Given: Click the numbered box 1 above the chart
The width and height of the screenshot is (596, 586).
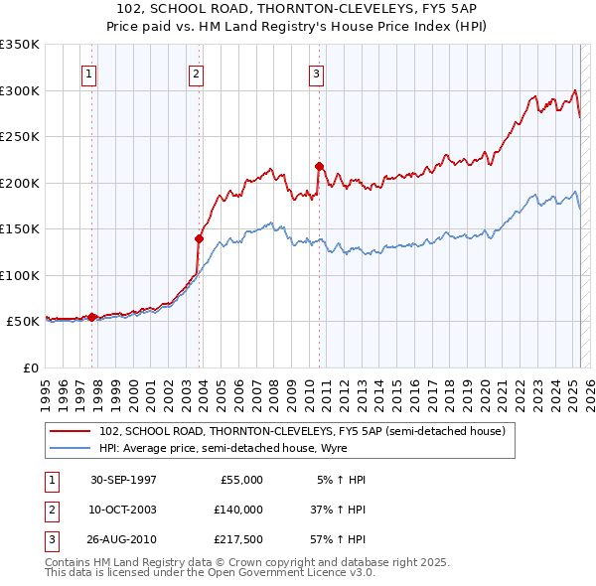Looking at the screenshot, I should [89, 73].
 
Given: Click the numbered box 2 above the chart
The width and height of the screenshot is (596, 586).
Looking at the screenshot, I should [197, 73].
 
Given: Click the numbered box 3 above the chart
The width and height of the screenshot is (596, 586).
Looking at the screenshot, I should [316, 73].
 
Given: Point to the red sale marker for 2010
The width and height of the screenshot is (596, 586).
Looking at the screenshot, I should [319, 167].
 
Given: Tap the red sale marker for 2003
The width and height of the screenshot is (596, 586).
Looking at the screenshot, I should [199, 238].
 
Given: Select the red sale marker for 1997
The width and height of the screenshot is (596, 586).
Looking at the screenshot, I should [92, 317].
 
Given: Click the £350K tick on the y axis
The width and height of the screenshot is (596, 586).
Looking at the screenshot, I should [20, 45].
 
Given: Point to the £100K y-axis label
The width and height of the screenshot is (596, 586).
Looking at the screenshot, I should [20, 275].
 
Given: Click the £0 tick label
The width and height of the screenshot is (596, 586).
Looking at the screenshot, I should [30, 367].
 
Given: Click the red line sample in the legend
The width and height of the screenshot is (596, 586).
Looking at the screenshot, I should [70, 431].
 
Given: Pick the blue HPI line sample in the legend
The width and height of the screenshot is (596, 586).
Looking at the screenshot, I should [70, 447].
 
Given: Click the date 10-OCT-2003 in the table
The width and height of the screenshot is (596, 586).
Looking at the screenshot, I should [123, 510].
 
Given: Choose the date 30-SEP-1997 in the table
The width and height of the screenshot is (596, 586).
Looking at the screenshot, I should [123, 480].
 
